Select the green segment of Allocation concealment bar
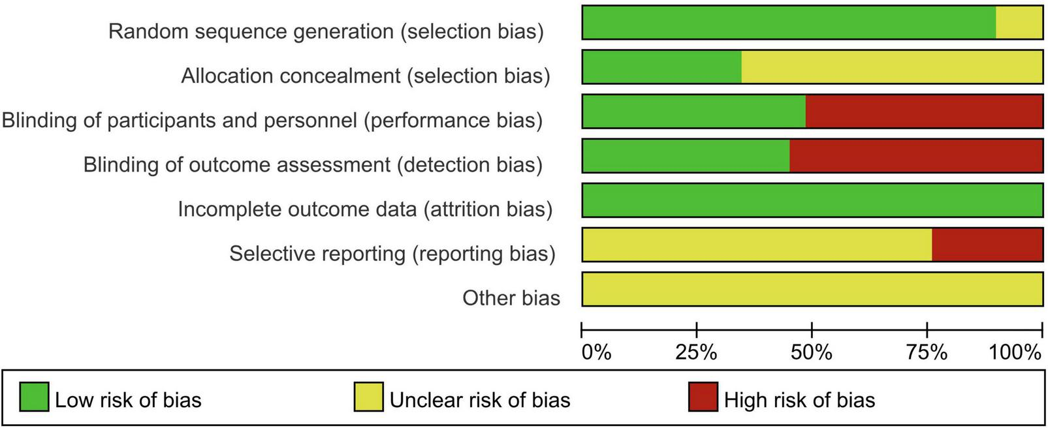[661, 67]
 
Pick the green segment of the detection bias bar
[685, 155]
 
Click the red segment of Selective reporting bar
[987, 244]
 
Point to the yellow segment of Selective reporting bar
[756, 244]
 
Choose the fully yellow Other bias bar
[812, 288]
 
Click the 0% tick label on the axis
[596, 353]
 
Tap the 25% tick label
[696, 353]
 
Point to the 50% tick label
[812, 353]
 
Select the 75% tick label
[927, 353]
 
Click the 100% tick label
[1015, 353]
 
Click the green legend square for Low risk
[34, 397]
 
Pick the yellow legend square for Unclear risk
[368, 397]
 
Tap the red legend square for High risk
[703, 397]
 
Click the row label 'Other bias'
[511, 298]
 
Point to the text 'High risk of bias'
[799, 399]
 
